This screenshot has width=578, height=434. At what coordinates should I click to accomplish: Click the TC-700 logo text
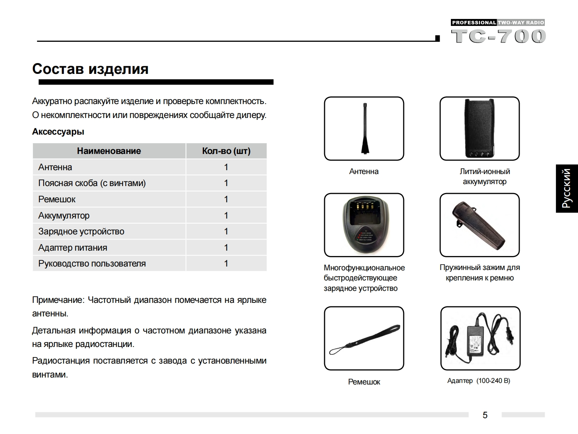point(498,36)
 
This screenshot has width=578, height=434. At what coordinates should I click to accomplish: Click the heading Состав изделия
point(90,69)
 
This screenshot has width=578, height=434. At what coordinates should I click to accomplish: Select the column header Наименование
point(109,151)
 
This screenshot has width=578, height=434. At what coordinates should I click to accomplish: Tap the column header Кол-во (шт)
point(226,151)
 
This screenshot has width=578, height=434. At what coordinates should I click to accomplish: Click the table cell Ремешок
point(57,199)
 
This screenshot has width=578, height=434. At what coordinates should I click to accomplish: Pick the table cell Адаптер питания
point(73,248)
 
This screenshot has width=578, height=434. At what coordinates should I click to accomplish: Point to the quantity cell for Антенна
point(226,167)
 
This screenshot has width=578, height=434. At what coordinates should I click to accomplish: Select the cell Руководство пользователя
point(92,263)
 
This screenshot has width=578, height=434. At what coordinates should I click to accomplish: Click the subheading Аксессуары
point(58,132)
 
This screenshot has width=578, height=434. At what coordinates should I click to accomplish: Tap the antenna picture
point(364,128)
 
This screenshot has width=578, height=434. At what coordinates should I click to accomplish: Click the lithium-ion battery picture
point(479,128)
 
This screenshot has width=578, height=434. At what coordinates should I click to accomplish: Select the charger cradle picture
point(364,225)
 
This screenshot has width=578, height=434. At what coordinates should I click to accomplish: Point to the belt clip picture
point(479,225)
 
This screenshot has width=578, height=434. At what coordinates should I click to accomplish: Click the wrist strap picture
point(364,339)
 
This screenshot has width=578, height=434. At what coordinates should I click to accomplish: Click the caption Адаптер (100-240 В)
point(479,381)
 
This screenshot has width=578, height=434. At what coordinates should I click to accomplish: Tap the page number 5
point(485,415)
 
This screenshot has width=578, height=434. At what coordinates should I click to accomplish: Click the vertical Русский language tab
point(566,188)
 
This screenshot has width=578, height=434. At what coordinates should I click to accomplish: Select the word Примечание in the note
point(58,300)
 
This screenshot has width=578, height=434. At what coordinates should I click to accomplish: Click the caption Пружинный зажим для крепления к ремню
point(479,273)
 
